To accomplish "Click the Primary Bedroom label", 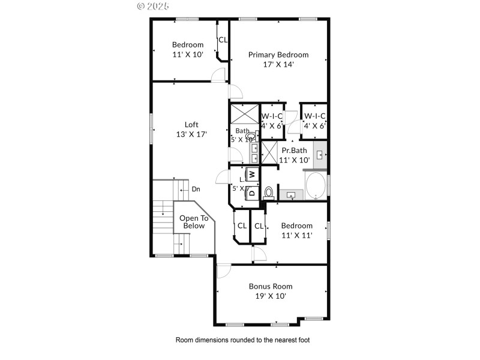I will (278, 55).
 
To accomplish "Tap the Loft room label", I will (191, 125).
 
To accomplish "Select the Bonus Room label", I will (271, 286).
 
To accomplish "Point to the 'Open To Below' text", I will (194, 222).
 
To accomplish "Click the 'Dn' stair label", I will (196, 190).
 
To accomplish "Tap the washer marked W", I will (253, 175).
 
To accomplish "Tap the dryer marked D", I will (253, 193).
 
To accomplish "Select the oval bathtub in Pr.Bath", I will (316, 187).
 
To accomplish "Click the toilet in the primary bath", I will (269, 193).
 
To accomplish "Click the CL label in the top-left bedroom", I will (223, 40).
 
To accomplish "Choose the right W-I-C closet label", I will (314, 116).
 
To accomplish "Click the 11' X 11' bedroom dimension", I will (296, 235).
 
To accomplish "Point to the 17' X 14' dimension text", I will (278, 64).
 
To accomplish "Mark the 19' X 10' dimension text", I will (271, 296).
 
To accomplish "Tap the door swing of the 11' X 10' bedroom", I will (218, 75).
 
